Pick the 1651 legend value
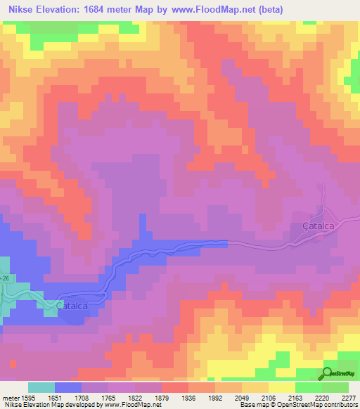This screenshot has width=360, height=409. (55, 397)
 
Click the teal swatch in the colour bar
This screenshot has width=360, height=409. (41, 387)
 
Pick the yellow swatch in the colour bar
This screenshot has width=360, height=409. (282, 387)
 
